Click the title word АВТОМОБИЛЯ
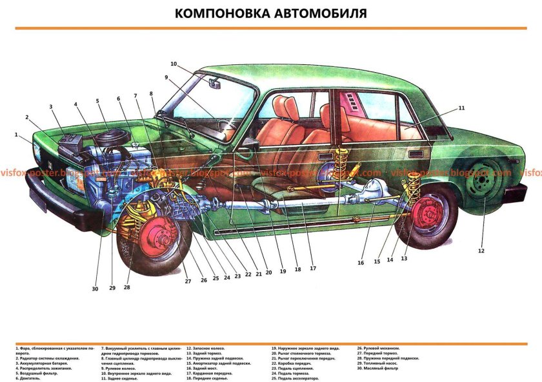coord(321,14)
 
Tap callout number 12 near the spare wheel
coord(481,250)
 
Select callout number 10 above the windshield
coord(174,64)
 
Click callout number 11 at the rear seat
coord(462,108)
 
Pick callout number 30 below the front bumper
coord(95,289)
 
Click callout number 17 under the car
coord(313,268)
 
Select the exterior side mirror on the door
coord(246,150)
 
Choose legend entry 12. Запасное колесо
coord(207,348)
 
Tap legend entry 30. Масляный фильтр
coord(377,368)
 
